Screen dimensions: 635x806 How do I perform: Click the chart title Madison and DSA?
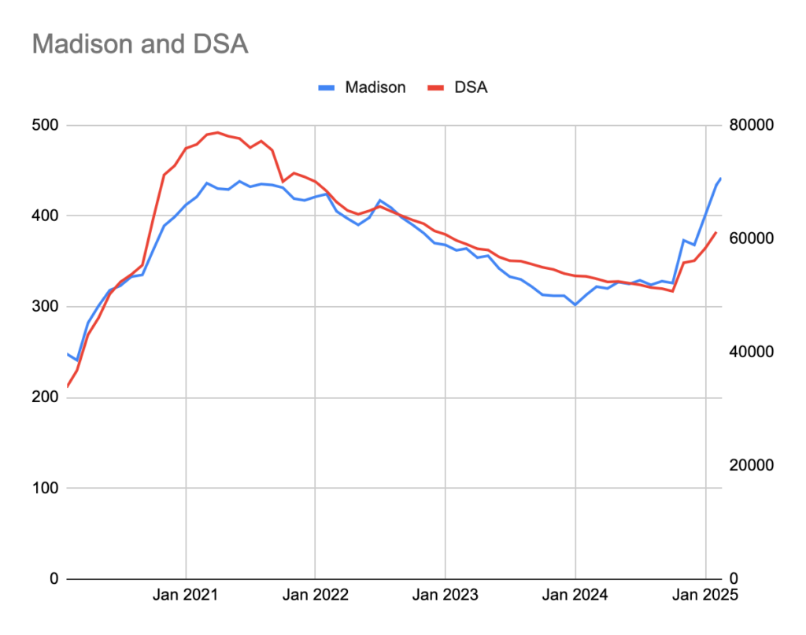(140, 44)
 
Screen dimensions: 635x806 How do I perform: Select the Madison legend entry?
(375, 87)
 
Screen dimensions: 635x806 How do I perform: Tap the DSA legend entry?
(471, 87)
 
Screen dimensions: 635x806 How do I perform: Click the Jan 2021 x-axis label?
(186, 596)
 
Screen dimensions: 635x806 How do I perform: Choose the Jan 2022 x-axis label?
(315, 596)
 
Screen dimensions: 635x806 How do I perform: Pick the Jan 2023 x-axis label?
(445, 596)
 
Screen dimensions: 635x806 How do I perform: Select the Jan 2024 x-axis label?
(575, 596)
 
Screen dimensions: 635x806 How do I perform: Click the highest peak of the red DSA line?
(217, 132)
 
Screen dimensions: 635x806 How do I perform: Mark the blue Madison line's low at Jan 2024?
(575, 305)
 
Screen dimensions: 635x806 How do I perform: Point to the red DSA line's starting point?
(68, 386)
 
